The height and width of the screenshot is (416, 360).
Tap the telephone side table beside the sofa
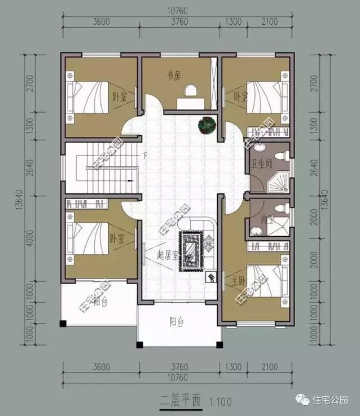click(x=211, y=277)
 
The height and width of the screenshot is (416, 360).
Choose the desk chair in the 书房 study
click(x=191, y=91)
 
